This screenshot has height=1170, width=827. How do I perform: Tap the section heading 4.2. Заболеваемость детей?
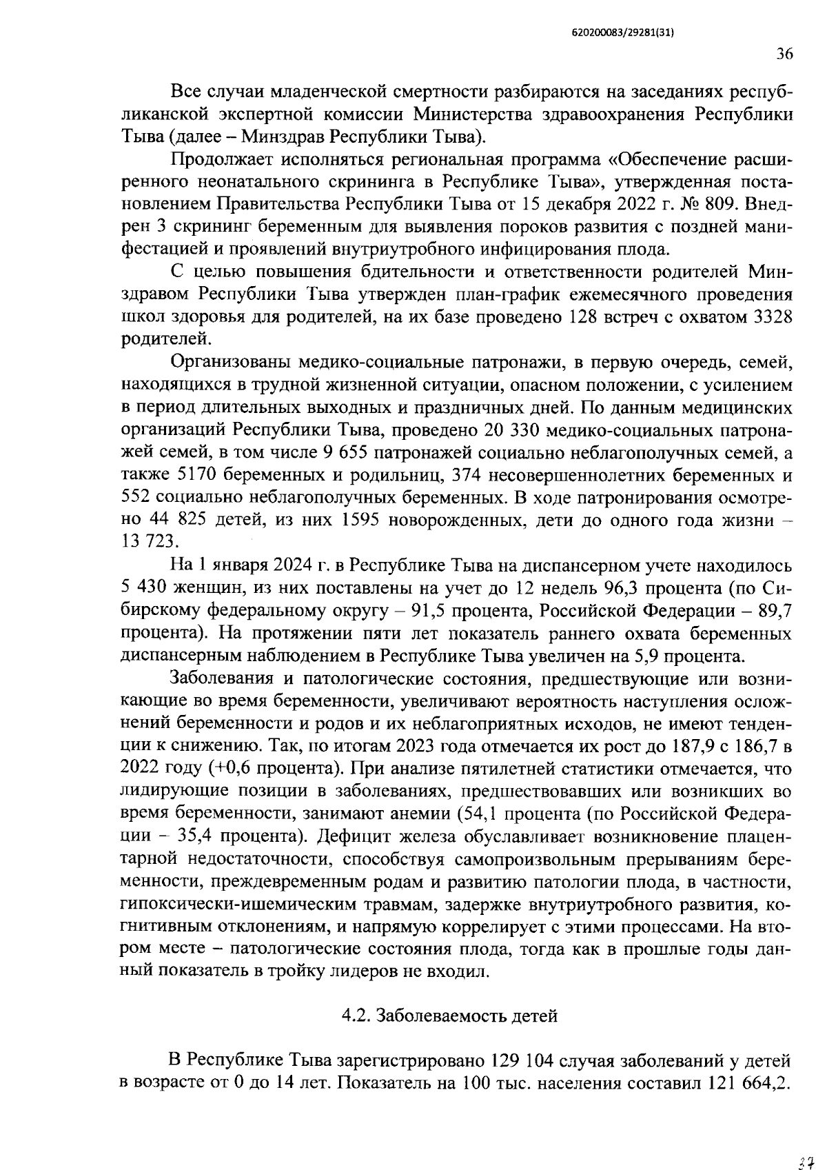tap(449, 1016)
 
